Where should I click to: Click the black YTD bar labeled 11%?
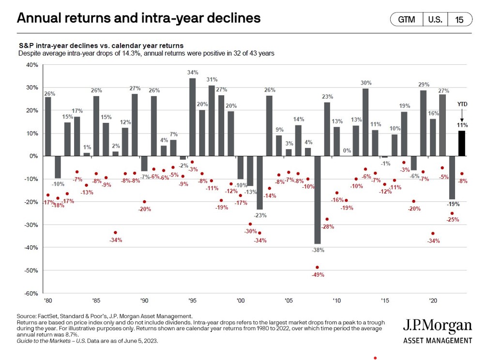[x=462, y=143]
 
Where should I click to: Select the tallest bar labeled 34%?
[x=192, y=117]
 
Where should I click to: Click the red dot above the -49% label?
[x=318, y=267]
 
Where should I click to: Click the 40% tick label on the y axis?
[x=31, y=64]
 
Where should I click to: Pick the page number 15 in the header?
[x=459, y=19]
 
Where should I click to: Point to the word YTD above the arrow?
[x=462, y=104]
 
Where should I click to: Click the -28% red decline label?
[x=328, y=227]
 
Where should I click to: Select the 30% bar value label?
[x=366, y=83]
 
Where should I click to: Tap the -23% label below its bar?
[x=261, y=215]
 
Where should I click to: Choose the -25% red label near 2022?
[x=453, y=220]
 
